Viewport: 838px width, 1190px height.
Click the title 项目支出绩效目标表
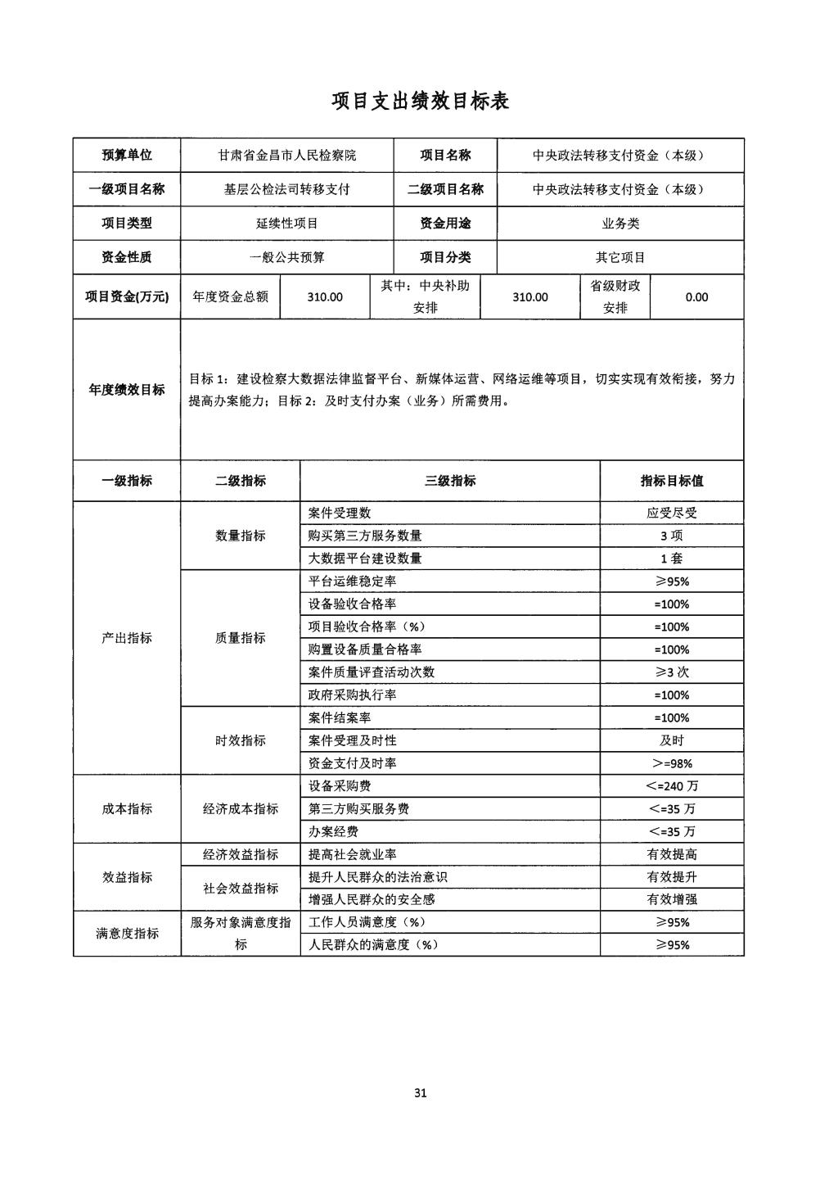click(421, 101)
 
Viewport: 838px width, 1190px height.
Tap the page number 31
click(421, 1093)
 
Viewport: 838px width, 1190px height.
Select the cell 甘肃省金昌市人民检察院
click(286, 155)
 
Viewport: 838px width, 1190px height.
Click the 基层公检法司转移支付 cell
click(286, 189)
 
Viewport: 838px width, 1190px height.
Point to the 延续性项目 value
click(286, 223)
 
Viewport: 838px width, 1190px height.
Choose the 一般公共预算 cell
click(286, 257)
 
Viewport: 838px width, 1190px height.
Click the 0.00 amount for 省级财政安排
click(696, 297)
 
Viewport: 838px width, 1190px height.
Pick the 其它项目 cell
click(619, 257)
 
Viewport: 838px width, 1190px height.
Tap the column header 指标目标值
click(671, 481)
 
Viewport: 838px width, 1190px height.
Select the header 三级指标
click(449, 481)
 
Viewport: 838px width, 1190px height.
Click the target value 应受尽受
click(671, 513)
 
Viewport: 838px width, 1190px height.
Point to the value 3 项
click(671, 536)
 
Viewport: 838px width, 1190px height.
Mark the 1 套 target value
click(671, 559)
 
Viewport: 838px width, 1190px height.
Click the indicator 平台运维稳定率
click(352, 581)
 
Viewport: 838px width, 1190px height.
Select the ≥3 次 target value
click(671, 672)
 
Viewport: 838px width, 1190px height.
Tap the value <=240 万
click(671, 786)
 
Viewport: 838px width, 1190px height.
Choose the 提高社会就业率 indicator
click(352, 854)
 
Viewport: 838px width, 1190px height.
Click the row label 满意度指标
click(127, 933)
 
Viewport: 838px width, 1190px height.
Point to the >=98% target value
click(671, 763)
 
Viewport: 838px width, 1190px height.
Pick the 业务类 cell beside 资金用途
click(619, 223)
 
